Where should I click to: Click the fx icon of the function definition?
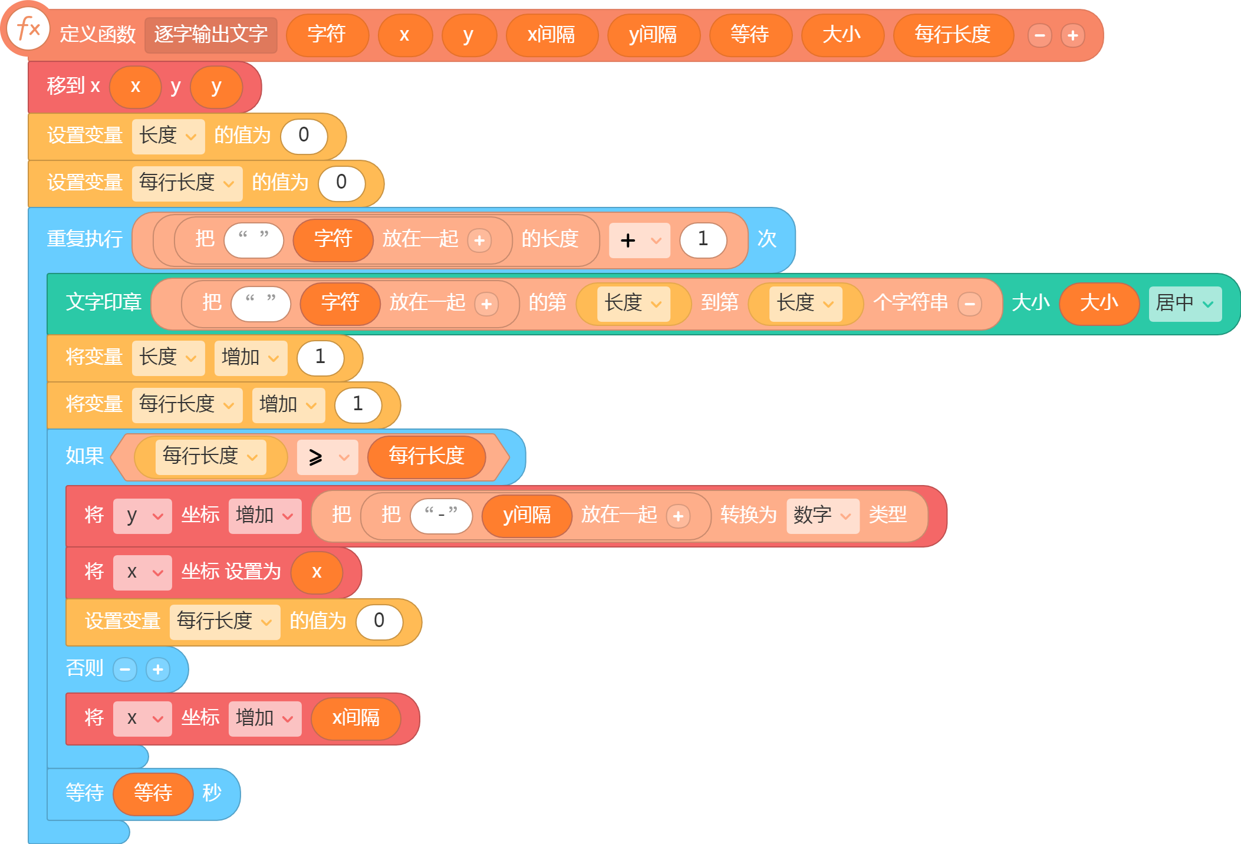28,28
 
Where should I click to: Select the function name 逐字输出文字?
210,35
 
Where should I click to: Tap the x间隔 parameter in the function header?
551,35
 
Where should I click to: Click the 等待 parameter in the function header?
749,35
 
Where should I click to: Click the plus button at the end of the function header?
1072,35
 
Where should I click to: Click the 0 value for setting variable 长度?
304,136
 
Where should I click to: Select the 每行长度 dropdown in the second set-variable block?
187,183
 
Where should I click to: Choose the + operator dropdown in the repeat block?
640,240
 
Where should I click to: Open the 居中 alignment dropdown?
1185,304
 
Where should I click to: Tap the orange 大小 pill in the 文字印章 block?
1099,304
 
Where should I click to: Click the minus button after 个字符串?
970,304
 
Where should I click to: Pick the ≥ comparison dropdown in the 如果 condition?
327,457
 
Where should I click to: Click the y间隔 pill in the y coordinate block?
526,516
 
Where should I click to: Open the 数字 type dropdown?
822,516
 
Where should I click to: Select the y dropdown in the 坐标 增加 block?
142,516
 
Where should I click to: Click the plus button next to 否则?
157,670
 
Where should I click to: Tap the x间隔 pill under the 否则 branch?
356,718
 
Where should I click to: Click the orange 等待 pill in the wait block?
153,794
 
